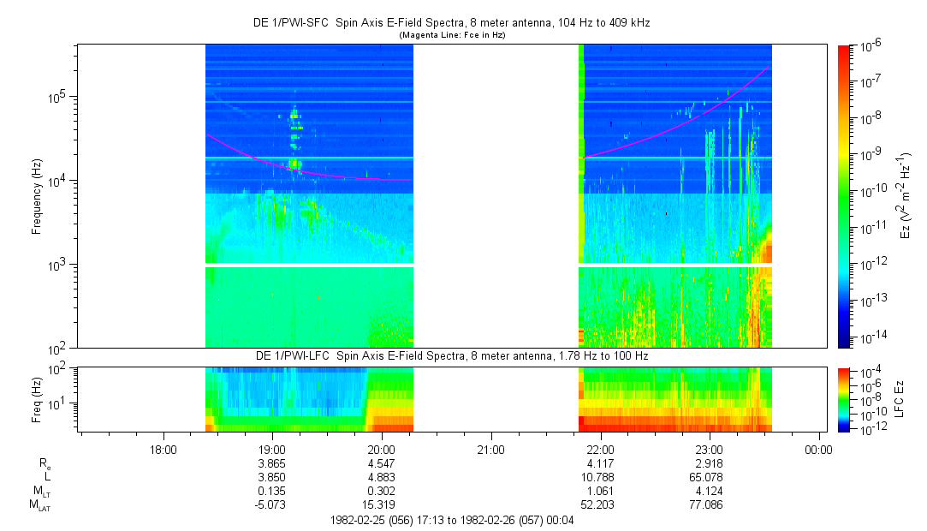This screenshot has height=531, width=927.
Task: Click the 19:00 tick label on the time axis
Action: [x=271, y=448]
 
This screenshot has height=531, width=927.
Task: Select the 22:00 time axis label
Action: [x=600, y=448]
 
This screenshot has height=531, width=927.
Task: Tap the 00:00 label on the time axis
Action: [x=819, y=448]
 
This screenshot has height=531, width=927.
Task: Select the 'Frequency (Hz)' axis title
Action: [x=37, y=196]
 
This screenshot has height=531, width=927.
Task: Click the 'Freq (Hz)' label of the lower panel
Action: [x=37, y=395]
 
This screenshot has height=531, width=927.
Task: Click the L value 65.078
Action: [x=710, y=475]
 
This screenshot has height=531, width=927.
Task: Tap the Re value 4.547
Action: [x=381, y=462]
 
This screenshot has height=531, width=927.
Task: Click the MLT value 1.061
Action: [x=600, y=489]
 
